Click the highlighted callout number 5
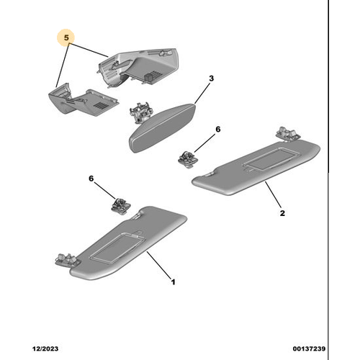tap(66, 37)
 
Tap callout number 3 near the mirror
tap(211, 78)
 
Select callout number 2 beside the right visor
tap(282, 213)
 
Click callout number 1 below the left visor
tap(173, 282)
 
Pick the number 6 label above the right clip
tap(218, 129)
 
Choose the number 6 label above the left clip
tap(91, 179)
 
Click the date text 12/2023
tap(45, 348)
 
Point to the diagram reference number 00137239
tap(309, 348)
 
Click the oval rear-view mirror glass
tap(162, 128)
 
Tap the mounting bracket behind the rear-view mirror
tap(141, 112)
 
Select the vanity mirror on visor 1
tap(118, 248)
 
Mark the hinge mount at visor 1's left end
tap(67, 260)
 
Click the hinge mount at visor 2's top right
tap(288, 133)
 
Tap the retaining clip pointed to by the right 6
tap(187, 159)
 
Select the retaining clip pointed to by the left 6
tap(120, 206)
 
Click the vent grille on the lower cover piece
tap(100, 104)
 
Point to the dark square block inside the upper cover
tap(148, 76)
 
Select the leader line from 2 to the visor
tap(273, 194)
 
